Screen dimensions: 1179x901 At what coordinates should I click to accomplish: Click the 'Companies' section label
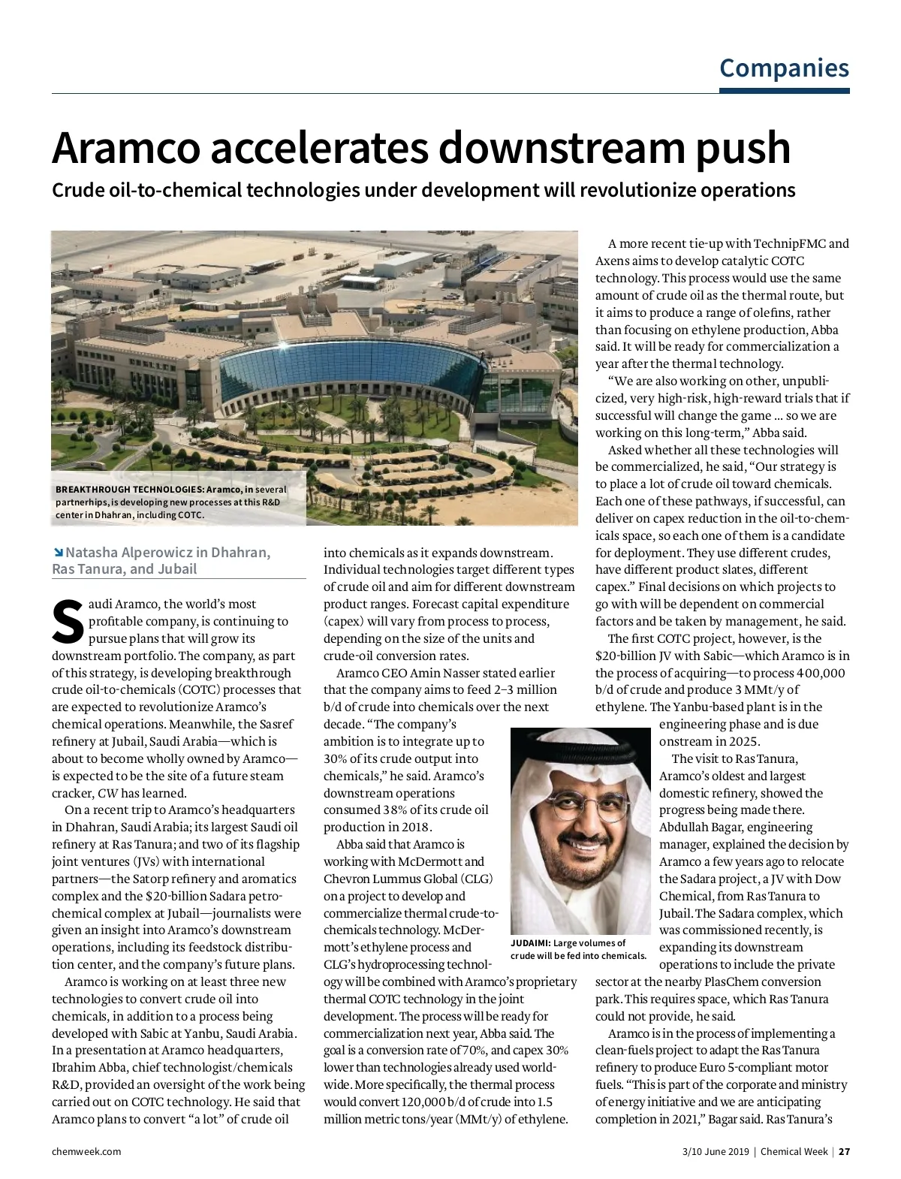[x=784, y=68]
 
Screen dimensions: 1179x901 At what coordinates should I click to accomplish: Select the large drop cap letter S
[x=68, y=622]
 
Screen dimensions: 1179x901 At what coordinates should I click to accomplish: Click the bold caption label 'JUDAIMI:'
[x=530, y=943]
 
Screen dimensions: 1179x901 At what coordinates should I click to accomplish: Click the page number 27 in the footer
[x=844, y=1151]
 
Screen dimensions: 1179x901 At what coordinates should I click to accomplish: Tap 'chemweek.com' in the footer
[x=86, y=1151]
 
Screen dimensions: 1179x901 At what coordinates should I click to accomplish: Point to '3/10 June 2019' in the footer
[x=716, y=1151]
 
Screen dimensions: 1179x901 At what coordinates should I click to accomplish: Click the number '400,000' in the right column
[x=821, y=674]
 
